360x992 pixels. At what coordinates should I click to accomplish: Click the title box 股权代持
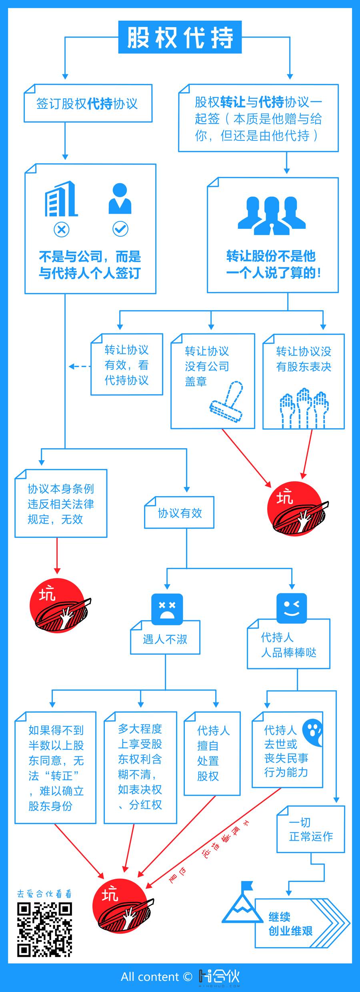pos(180,37)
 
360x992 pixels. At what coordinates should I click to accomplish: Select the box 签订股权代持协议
pos(88,103)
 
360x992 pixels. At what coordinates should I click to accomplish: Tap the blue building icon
pos(61,199)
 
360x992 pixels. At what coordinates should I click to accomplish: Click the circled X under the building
pos(61,230)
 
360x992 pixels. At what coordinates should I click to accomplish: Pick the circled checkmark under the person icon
pos(120,229)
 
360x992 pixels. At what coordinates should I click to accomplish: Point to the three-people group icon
pos(272,214)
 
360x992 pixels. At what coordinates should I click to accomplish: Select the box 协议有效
pos(179,513)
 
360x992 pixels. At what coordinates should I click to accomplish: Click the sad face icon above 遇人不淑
pos(167,607)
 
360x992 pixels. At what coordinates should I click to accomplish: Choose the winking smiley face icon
pos(292,607)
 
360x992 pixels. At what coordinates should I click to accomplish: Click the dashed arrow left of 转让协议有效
pos(80,366)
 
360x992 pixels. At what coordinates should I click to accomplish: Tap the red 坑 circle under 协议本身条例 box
pos(58,605)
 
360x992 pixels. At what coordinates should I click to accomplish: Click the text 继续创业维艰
pos(290,924)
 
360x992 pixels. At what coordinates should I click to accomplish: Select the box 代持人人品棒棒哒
pos(288,645)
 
